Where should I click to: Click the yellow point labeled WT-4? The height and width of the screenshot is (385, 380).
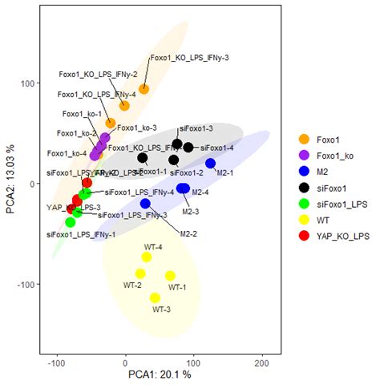[x=147, y=257]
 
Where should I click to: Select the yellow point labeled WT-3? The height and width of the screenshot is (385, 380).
[x=155, y=298]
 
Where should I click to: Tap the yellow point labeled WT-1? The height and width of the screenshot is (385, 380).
[x=170, y=276]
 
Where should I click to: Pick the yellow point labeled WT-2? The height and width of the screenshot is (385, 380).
[x=140, y=274]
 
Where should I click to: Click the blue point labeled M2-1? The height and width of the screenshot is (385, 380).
[x=211, y=164]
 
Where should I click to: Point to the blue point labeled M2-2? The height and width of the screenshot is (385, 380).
[x=146, y=204]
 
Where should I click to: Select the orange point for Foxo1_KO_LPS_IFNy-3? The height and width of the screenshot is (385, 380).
[x=144, y=89]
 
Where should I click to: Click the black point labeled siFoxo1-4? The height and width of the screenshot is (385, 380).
[x=188, y=147]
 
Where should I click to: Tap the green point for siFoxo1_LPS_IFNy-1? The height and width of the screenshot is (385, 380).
[x=71, y=222]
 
